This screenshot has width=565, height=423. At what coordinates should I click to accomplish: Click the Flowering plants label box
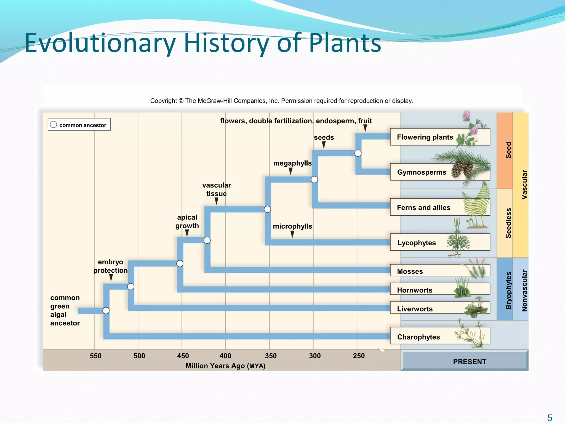pos(440,137)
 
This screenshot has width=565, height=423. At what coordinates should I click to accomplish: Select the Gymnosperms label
pos(440,172)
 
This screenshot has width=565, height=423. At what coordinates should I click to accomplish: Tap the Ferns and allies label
pos(440,207)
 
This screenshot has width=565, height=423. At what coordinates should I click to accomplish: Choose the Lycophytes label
pos(440,242)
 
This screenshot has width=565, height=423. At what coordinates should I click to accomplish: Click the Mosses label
pos(440,271)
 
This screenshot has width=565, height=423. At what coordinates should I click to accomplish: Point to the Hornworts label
pos(440,290)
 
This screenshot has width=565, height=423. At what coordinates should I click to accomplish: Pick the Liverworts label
pos(440,308)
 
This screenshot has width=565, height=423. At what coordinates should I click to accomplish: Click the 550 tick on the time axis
pos(96,356)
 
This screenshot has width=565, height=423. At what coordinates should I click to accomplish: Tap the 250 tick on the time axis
pos(359,356)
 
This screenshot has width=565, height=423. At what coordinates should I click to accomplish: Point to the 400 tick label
pos(225,356)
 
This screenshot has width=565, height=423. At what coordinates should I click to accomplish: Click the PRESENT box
pos(470,362)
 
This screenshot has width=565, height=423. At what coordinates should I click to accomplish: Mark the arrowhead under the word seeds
pos(324,145)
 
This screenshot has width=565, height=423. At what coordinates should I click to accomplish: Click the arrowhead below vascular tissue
pos(217,201)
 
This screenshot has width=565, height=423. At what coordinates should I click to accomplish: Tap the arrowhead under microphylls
pos(292,234)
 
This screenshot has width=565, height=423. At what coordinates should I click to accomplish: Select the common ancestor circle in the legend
pos(54,125)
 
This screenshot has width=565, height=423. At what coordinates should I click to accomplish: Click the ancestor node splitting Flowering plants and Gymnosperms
pos(358,153)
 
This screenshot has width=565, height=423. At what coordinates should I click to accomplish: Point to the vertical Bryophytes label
pos(508,291)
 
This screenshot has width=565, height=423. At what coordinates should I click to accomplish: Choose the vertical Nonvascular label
pos(524,291)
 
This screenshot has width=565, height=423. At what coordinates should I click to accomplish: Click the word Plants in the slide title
pos(345,43)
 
